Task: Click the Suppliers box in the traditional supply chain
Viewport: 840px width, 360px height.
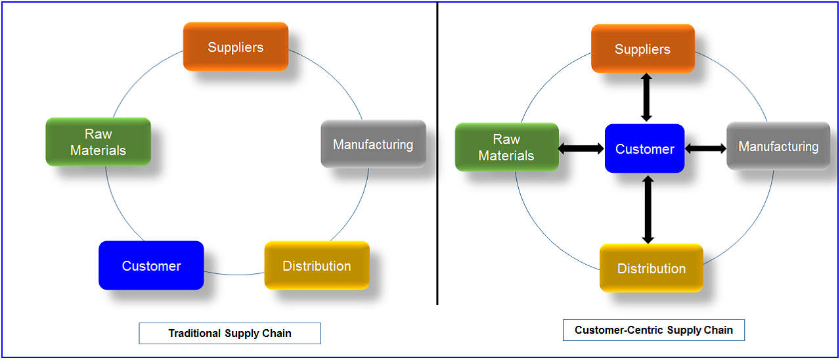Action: pos(236,47)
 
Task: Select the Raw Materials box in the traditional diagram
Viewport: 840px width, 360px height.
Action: pos(99,142)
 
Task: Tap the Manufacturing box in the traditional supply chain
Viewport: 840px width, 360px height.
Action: pos(374,144)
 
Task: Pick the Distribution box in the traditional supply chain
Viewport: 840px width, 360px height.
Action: pos(317,265)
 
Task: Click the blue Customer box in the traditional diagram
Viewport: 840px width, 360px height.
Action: pos(151,265)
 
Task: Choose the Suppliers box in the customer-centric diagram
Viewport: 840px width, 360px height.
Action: pos(643,49)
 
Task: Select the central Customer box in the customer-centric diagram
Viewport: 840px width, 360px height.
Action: pos(645,148)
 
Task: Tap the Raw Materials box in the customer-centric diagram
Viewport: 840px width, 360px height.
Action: pos(506,147)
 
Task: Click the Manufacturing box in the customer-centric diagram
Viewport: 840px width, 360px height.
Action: pos(778,146)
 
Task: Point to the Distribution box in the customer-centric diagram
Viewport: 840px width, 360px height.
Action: pos(652,268)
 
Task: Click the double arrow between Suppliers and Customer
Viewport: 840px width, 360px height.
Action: pos(646,97)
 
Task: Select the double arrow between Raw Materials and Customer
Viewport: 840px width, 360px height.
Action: pos(581,148)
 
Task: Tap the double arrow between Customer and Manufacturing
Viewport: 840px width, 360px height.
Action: pos(705,148)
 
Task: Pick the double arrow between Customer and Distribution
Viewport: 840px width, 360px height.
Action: pos(648,210)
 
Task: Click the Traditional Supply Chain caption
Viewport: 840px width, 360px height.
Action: pos(230,333)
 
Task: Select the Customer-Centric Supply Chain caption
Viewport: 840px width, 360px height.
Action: pos(653,330)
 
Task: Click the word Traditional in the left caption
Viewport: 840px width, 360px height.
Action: pos(194,333)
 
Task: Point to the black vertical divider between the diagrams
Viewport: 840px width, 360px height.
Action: pos(437,153)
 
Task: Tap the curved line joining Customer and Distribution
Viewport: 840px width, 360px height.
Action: pos(234,275)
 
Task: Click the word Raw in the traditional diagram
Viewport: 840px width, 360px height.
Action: pos(99,134)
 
